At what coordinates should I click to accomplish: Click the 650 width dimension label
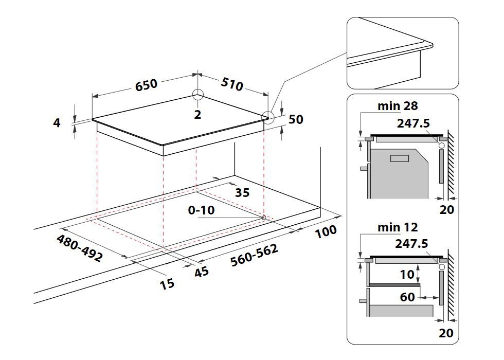click(x=147, y=85)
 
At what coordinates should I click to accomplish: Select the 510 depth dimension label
click(x=232, y=84)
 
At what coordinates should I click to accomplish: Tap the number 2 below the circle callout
click(x=197, y=115)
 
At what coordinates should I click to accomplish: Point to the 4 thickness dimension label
click(x=57, y=123)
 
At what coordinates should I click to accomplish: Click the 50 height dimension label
click(x=296, y=119)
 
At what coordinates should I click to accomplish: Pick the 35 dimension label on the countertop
click(x=242, y=193)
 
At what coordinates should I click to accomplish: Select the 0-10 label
click(x=202, y=210)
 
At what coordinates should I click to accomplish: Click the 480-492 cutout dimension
click(x=79, y=248)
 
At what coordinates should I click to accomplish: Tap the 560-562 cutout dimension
click(x=255, y=255)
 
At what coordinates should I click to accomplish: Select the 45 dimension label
click(x=202, y=272)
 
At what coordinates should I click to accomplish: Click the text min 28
click(x=398, y=106)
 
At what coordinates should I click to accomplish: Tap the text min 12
click(x=398, y=227)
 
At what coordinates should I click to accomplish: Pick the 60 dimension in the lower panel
click(x=407, y=297)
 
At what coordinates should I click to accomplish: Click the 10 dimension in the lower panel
click(x=407, y=275)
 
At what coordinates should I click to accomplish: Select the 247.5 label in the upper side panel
click(x=413, y=123)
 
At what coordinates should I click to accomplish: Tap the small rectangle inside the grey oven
click(x=399, y=159)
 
